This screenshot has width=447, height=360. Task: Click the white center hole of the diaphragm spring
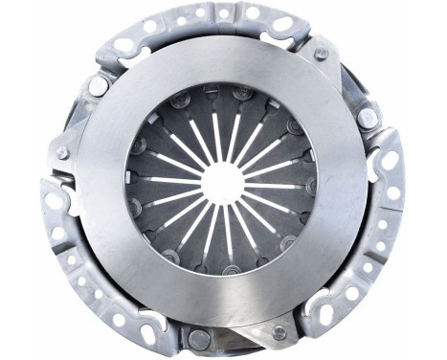(222, 179)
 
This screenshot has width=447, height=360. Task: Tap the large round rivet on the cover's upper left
(98, 84)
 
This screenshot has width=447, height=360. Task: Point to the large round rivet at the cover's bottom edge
(198, 338)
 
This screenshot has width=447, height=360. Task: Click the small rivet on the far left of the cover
(63, 152)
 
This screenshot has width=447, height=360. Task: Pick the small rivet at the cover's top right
(322, 54)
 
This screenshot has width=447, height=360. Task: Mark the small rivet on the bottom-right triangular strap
(279, 331)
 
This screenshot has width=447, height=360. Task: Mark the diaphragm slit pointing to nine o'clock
(163, 180)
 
